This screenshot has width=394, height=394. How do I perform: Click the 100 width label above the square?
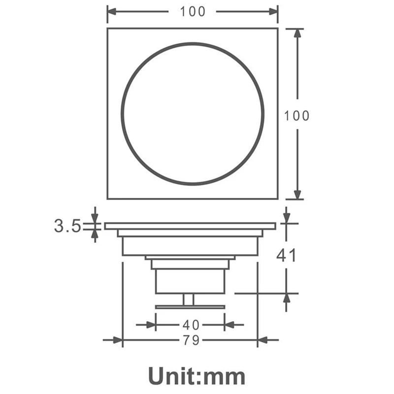[x=193, y=11]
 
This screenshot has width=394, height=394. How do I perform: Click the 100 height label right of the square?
[x=296, y=116]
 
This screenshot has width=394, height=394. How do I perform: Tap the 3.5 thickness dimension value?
[x=67, y=226]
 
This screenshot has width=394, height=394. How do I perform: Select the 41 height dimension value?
[x=286, y=255]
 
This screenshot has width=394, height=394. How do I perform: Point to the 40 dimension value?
[x=191, y=325]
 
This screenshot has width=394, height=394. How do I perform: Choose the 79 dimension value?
[x=191, y=340]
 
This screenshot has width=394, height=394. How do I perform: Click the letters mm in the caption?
[x=224, y=378]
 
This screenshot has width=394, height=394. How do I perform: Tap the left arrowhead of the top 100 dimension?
[x=112, y=11]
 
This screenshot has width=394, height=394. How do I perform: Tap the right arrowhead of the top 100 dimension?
[x=273, y=11]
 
